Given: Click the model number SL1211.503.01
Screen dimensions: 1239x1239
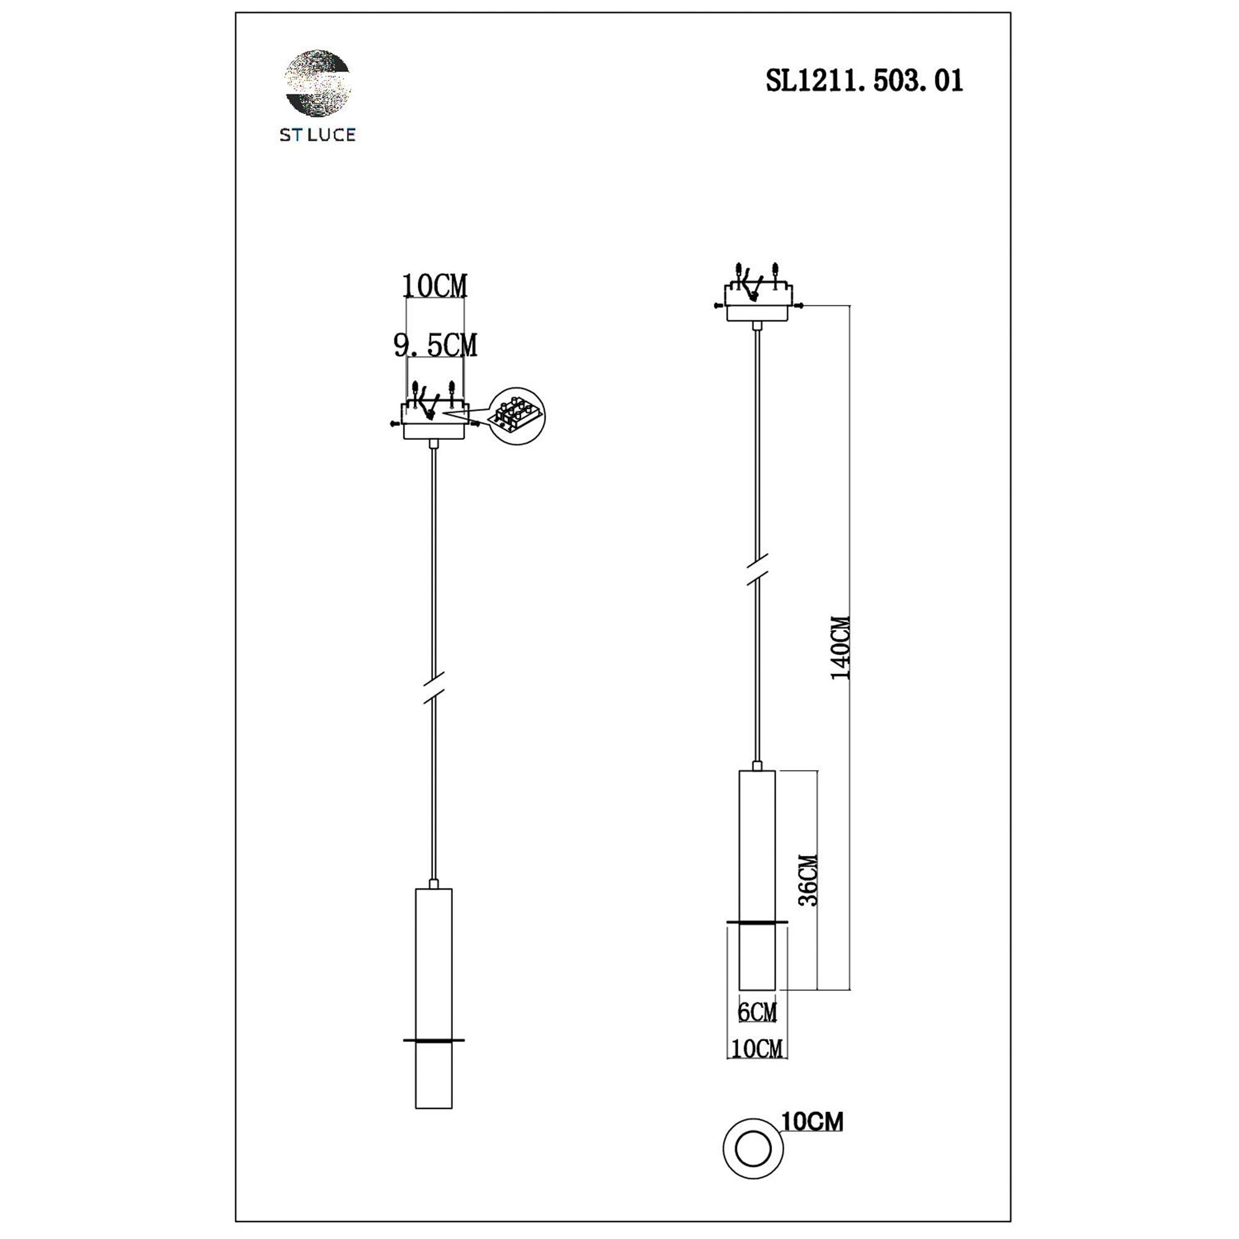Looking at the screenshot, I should click(x=864, y=81).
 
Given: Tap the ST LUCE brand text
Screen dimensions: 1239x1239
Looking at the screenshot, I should click(x=317, y=134).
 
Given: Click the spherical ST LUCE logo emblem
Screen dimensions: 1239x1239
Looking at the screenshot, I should click(x=317, y=83).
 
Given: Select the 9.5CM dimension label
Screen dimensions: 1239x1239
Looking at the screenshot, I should click(x=435, y=346).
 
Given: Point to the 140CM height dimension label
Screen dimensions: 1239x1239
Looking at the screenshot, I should click(x=840, y=648).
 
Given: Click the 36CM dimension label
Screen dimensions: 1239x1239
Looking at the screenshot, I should click(x=808, y=880).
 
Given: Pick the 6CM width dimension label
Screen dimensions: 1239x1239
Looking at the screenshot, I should click(x=757, y=1012).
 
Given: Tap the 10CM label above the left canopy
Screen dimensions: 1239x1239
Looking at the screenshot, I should click(x=434, y=286).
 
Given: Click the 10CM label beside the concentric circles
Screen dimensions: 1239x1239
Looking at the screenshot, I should click(x=812, y=1122).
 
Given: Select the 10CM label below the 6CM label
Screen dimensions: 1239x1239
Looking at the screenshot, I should click(x=757, y=1049).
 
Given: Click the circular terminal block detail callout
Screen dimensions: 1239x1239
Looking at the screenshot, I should click(x=516, y=416).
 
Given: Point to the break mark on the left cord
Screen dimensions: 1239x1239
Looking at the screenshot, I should click(x=434, y=688).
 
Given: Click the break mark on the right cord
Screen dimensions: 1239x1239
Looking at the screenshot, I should click(x=758, y=569).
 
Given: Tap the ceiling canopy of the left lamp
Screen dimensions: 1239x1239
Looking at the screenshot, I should click(x=434, y=421).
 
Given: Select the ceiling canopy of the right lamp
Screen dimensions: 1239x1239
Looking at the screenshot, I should click(x=758, y=303).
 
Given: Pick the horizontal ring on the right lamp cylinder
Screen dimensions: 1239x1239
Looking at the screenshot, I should click(x=757, y=922).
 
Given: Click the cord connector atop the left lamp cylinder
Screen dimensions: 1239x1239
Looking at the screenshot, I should click(x=434, y=884).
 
